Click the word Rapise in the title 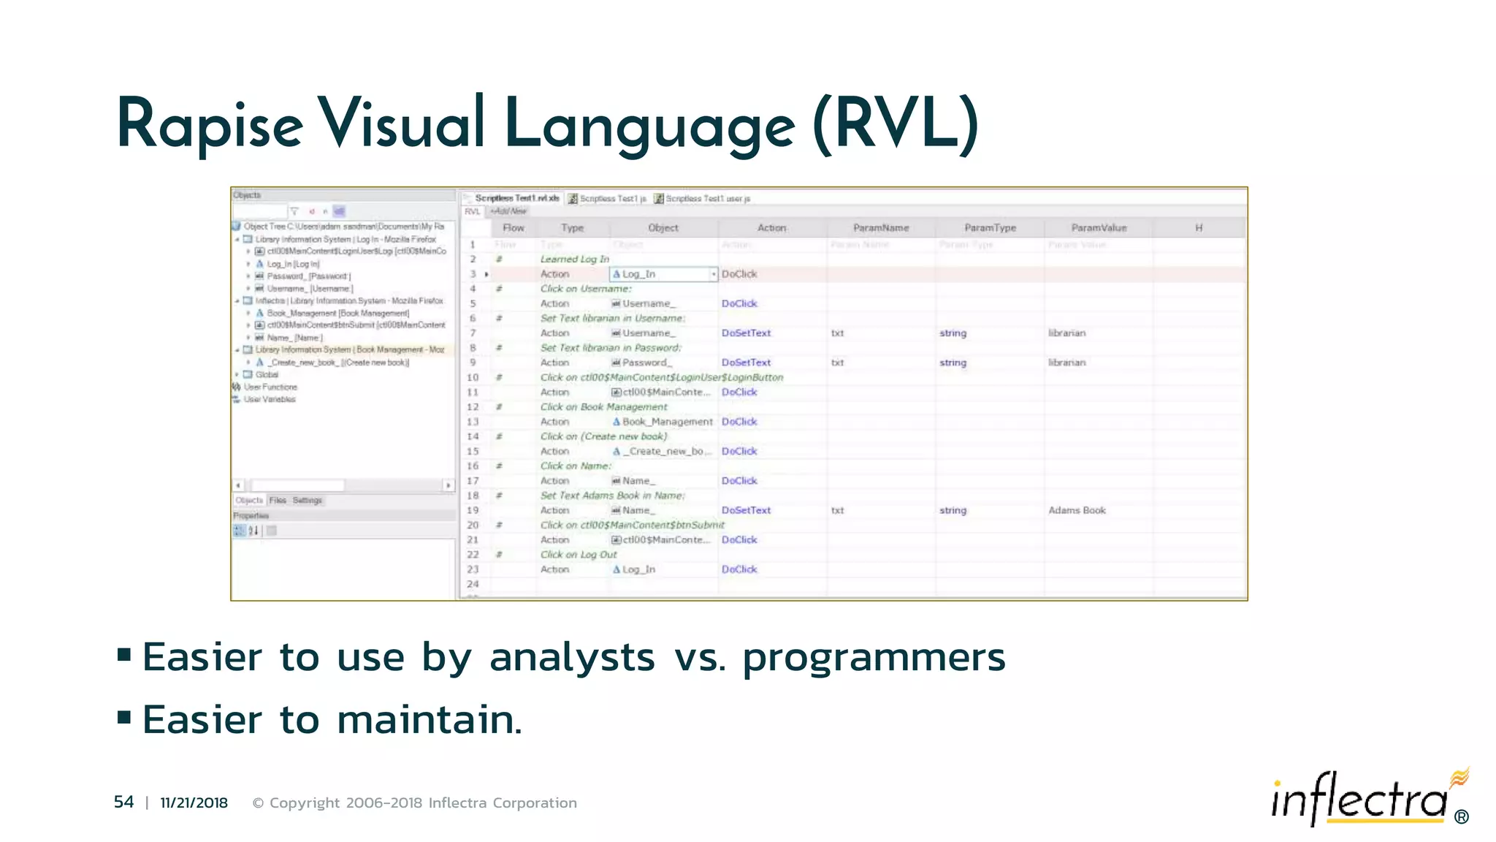tap(210, 124)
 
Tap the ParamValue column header tap(1099, 228)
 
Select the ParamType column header tap(990, 228)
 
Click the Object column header tap(663, 228)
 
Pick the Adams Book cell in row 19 tap(1077, 510)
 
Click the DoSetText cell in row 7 tap(746, 333)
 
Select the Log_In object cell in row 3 tap(638, 274)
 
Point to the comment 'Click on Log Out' tap(579, 555)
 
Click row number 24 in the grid tap(473, 584)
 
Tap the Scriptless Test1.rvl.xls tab tap(516, 198)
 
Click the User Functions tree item tap(270, 387)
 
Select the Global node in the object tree tap(267, 374)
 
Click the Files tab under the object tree tap(278, 501)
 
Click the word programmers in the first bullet tap(874, 657)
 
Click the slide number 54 tap(123, 802)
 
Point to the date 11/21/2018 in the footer tap(194, 803)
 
